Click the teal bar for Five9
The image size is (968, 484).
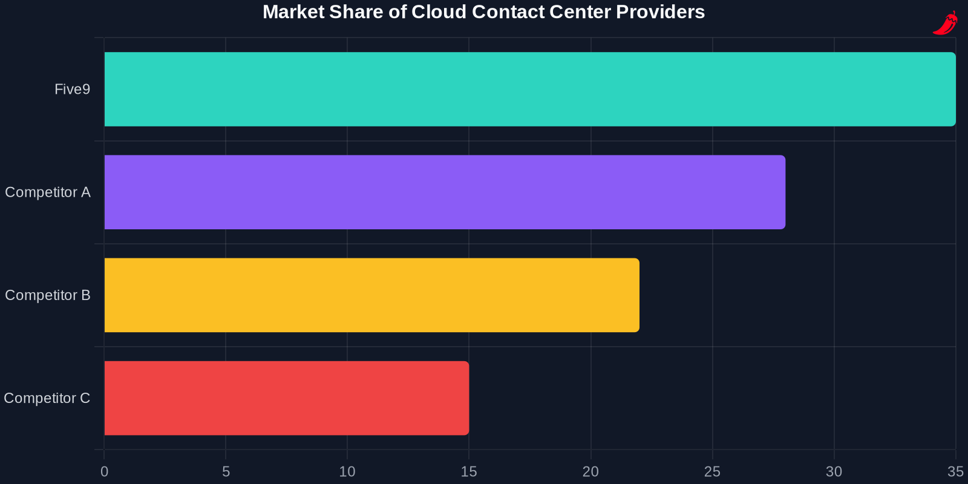[x=529, y=89]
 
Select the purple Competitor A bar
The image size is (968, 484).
[x=445, y=192]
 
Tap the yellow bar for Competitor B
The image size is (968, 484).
[x=371, y=295]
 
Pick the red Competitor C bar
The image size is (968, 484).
[x=286, y=397]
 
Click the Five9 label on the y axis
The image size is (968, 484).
[x=72, y=90]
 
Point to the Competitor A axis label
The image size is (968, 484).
[x=47, y=192]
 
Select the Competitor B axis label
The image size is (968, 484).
[x=47, y=295]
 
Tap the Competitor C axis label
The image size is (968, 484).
[x=47, y=398]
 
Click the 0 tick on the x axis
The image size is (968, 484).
[x=104, y=472]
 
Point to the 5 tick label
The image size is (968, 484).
[x=226, y=472]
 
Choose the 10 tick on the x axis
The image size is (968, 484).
[x=347, y=472]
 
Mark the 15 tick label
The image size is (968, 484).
[x=469, y=472]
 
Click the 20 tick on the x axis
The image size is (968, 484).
[x=590, y=472]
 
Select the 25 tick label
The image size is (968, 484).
[x=712, y=472]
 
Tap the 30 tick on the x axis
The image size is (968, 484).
[x=834, y=472]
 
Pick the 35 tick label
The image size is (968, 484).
[x=955, y=472]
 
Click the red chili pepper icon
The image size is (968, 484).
[x=945, y=23]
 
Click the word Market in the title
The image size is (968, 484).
[x=293, y=12]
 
